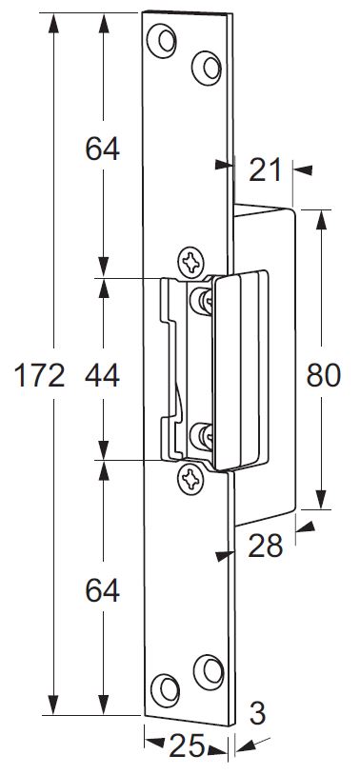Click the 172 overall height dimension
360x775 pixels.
click(x=40, y=376)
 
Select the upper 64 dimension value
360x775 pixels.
click(x=102, y=149)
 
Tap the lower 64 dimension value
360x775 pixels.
click(x=102, y=590)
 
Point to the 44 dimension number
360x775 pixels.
click(x=102, y=376)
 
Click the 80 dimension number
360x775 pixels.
click(x=324, y=375)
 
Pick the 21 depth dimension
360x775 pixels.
click(x=265, y=170)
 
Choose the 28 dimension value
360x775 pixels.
click(x=265, y=546)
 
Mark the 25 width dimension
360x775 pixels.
click(x=187, y=745)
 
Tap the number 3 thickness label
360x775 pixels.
click(x=258, y=713)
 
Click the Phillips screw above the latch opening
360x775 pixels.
click(x=190, y=262)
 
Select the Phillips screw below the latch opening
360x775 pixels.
click(x=190, y=479)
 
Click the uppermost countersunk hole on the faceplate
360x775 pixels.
click(x=162, y=41)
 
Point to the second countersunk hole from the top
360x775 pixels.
click(x=207, y=68)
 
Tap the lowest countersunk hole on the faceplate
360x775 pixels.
click(x=165, y=690)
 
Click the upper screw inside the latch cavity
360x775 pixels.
click(x=201, y=301)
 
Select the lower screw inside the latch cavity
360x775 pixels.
click(x=201, y=436)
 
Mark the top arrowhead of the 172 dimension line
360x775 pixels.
click(x=53, y=23)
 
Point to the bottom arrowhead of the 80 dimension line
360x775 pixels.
click(x=322, y=499)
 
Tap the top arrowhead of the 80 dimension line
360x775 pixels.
click(x=322, y=219)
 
